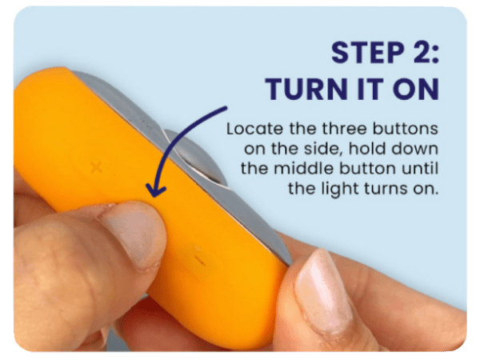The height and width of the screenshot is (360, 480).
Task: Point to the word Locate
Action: (250, 128)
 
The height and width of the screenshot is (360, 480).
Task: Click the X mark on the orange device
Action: (97, 167)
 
